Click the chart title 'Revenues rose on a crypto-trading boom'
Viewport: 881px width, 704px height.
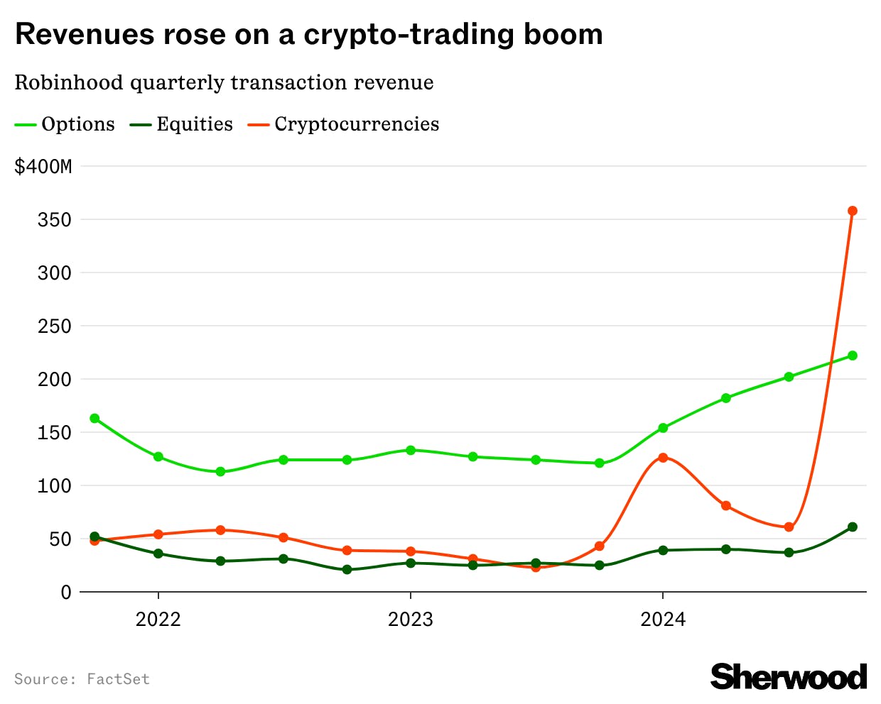pyautogui.click(x=309, y=34)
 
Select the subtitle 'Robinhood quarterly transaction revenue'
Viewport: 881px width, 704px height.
pyautogui.click(x=224, y=82)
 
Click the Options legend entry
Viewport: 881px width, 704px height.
pyautogui.click(x=65, y=124)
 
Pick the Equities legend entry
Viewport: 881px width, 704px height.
pyautogui.click(x=182, y=124)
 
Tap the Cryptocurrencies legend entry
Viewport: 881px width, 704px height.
pyautogui.click(x=344, y=124)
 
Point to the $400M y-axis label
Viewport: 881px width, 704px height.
pyautogui.click(x=43, y=167)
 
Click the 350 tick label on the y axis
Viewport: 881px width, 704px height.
pyautogui.click(x=55, y=220)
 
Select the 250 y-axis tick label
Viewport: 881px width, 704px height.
pyautogui.click(x=55, y=326)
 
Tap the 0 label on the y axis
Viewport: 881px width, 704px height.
pyautogui.click(x=66, y=593)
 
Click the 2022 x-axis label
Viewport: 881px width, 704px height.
pyautogui.click(x=158, y=620)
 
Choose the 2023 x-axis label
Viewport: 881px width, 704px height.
pyautogui.click(x=410, y=620)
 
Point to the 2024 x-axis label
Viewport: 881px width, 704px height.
pyautogui.click(x=662, y=620)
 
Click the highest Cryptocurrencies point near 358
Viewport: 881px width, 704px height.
pyautogui.click(x=852, y=211)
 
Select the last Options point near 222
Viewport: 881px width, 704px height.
pyautogui.click(x=852, y=356)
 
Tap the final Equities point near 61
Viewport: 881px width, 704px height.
pyautogui.click(x=852, y=527)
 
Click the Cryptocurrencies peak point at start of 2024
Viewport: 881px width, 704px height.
pyautogui.click(x=662, y=458)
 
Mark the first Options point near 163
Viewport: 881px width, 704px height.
pyautogui.click(x=94, y=419)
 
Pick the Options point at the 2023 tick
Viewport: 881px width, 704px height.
pyautogui.click(x=410, y=450)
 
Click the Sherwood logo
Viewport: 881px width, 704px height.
pyautogui.click(x=788, y=676)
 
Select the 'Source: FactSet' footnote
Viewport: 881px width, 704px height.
pyautogui.click(x=82, y=679)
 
